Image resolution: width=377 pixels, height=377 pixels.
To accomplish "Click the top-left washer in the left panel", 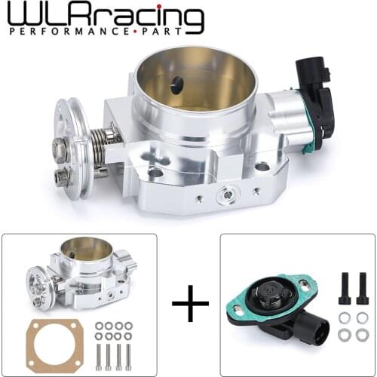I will [x=99, y=325].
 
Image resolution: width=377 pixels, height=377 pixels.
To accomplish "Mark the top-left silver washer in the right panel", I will [x=343, y=315].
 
